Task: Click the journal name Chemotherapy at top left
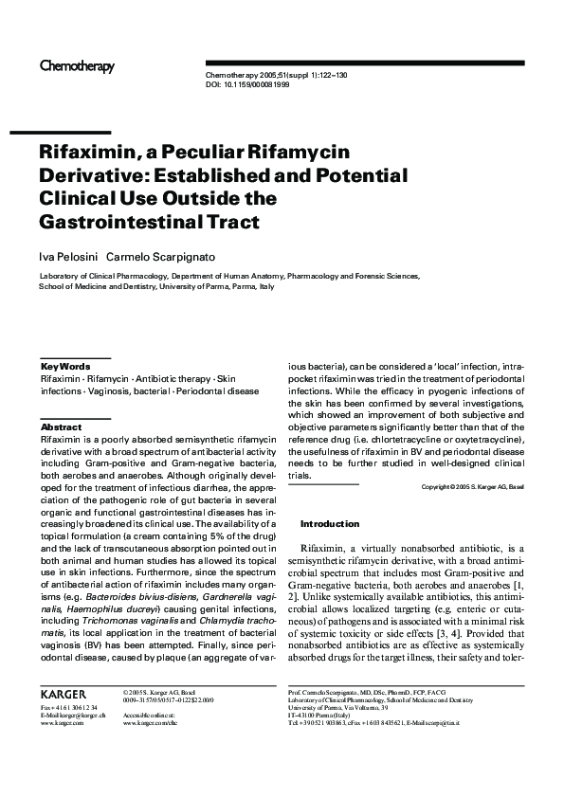coord(77,66)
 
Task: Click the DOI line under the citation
coord(247,84)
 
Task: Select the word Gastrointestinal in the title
coord(118,223)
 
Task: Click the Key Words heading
coord(65,366)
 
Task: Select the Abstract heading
coord(62,427)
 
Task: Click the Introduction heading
coord(330,523)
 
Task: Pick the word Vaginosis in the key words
coord(122,390)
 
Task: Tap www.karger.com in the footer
coord(58,723)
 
